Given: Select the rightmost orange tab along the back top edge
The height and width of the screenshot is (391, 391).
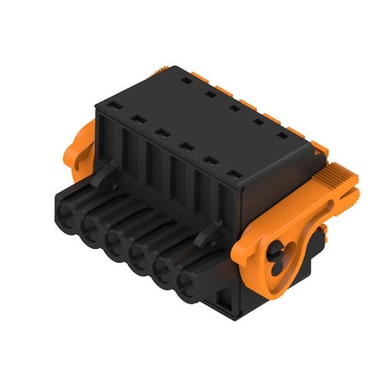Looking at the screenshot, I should point(293,124).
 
